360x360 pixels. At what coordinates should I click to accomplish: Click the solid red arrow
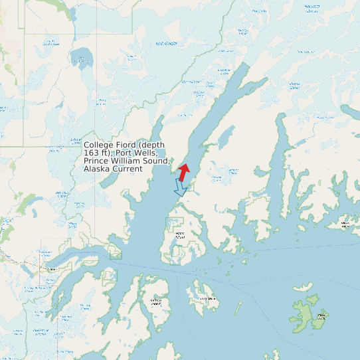(x=184, y=171)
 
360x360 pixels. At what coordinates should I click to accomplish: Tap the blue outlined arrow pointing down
(x=179, y=187)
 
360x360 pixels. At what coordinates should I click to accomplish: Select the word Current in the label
(x=127, y=169)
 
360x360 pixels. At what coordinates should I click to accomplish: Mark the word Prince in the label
(x=96, y=161)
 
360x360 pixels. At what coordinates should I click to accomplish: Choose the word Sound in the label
(x=158, y=161)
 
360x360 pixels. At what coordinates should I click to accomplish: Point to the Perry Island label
(x=207, y=298)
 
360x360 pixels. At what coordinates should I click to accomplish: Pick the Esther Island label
(x=179, y=235)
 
